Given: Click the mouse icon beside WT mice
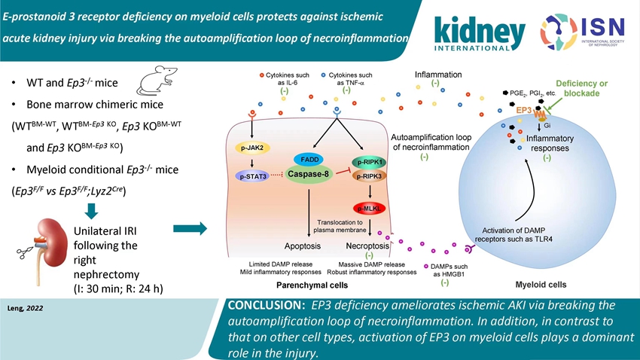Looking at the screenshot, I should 156,79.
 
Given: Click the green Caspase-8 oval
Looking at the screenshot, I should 310,175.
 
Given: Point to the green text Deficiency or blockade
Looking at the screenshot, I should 584,88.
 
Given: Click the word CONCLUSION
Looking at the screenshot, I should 271,306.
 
